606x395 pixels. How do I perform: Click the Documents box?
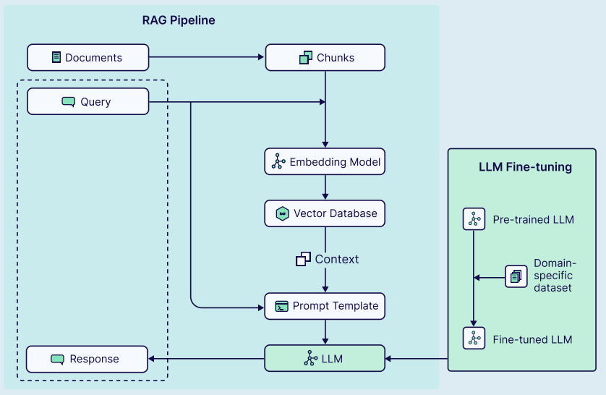point(88,57)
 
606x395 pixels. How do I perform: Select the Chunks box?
point(325,57)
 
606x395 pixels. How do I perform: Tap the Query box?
point(88,101)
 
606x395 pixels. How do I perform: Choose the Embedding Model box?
point(325,161)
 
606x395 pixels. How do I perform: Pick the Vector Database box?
point(325,213)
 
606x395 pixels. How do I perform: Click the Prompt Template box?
point(325,306)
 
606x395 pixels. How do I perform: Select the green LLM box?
point(325,358)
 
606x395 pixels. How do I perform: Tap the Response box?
point(87,359)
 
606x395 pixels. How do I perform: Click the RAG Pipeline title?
point(179,20)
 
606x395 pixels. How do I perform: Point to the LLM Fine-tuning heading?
point(525,167)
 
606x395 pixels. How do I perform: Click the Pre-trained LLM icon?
point(474,219)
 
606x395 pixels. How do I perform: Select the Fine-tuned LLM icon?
point(474,339)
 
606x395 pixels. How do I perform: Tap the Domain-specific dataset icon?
point(516,276)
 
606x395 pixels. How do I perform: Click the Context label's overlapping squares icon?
point(303,258)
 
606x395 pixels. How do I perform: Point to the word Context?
point(337,258)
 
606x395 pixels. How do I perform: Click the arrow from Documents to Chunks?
point(207,57)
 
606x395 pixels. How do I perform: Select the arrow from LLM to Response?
point(206,358)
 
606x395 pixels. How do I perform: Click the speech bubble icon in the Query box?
point(69,102)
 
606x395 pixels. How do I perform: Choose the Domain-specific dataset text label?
point(555,276)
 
